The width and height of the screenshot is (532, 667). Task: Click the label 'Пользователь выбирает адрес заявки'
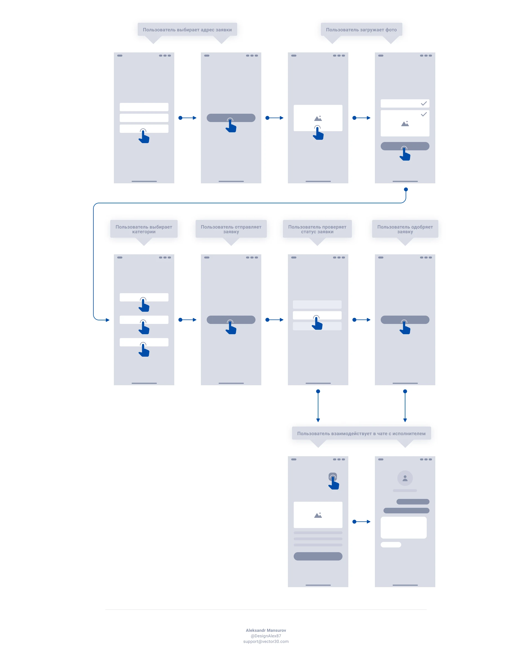[187, 30]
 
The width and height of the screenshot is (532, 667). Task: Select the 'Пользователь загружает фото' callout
[361, 30]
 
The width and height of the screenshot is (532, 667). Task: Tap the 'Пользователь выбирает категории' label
[144, 229]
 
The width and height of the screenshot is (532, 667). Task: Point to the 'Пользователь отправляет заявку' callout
[231, 229]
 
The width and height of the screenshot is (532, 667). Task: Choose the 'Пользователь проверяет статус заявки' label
[317, 229]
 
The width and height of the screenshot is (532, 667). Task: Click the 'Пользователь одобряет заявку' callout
[405, 229]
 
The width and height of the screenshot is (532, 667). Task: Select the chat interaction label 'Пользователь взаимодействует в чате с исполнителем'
[361, 433]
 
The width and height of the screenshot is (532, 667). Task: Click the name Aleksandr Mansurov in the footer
[266, 630]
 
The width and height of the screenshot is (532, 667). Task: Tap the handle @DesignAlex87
[266, 636]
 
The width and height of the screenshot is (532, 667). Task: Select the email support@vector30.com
[266, 641]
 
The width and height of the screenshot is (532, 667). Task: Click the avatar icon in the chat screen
[405, 478]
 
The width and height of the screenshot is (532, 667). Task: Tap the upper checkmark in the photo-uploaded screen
[424, 103]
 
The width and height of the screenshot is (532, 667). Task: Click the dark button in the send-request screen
[231, 319]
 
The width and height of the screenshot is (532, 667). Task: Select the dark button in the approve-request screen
[405, 319]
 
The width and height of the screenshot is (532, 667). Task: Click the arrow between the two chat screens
[361, 522]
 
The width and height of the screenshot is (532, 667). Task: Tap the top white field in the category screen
[144, 297]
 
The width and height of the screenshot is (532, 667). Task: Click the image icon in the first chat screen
[318, 515]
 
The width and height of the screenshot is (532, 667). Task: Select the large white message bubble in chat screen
[403, 527]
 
